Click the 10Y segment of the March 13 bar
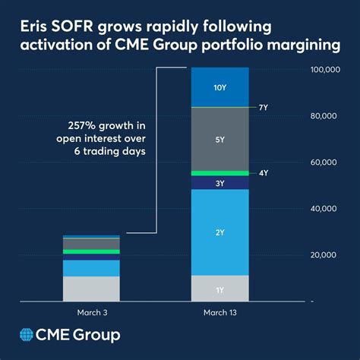click(x=219, y=87)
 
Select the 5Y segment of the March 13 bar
click(x=219, y=139)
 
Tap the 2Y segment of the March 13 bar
click(x=219, y=232)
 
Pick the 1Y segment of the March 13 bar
click(x=219, y=289)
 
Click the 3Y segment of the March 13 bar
click(x=219, y=183)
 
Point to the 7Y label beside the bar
click(x=264, y=108)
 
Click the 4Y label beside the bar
click(x=264, y=173)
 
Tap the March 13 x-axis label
click(x=219, y=311)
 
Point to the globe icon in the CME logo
click(x=29, y=335)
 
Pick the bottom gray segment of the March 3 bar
click(x=91, y=288)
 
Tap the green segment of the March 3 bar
click(x=91, y=251)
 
